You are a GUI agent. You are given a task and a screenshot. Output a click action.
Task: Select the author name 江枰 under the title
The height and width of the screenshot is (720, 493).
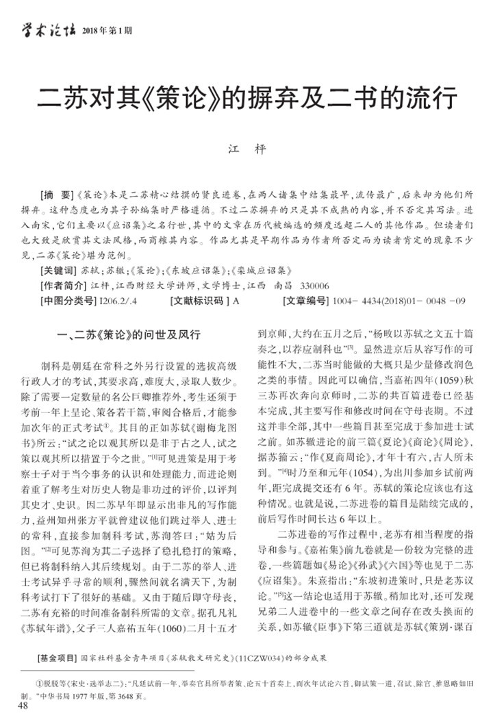(246, 149)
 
